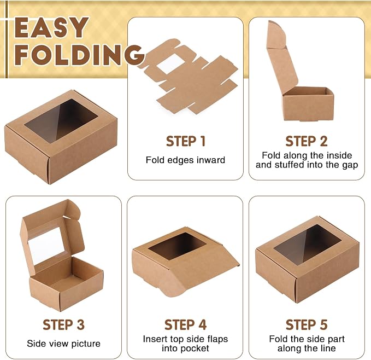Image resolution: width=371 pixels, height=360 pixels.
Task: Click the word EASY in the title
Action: click(51, 27)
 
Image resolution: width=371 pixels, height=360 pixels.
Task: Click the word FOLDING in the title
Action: click(80, 55)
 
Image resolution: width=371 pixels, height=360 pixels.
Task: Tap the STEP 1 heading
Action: click(186, 141)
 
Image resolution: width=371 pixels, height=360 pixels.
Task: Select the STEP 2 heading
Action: click(307, 141)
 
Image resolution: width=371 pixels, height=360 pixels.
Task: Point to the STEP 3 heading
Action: click(63, 324)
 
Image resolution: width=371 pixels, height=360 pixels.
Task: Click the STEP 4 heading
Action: click(186, 324)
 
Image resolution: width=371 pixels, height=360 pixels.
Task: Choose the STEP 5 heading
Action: click(307, 324)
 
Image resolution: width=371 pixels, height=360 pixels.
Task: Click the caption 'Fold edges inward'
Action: click(186, 160)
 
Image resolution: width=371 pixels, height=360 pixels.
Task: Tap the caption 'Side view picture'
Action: click(63, 344)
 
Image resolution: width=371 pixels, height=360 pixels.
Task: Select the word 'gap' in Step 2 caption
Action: click(350, 165)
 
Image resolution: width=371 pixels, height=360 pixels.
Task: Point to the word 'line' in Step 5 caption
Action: click(327, 348)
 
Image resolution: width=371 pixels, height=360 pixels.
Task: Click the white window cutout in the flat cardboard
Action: click(170, 63)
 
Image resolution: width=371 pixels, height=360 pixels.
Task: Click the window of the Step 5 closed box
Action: click(308, 245)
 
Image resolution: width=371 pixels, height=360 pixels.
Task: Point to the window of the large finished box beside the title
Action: click(61, 121)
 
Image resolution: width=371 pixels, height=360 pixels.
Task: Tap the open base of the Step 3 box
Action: click(66, 284)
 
